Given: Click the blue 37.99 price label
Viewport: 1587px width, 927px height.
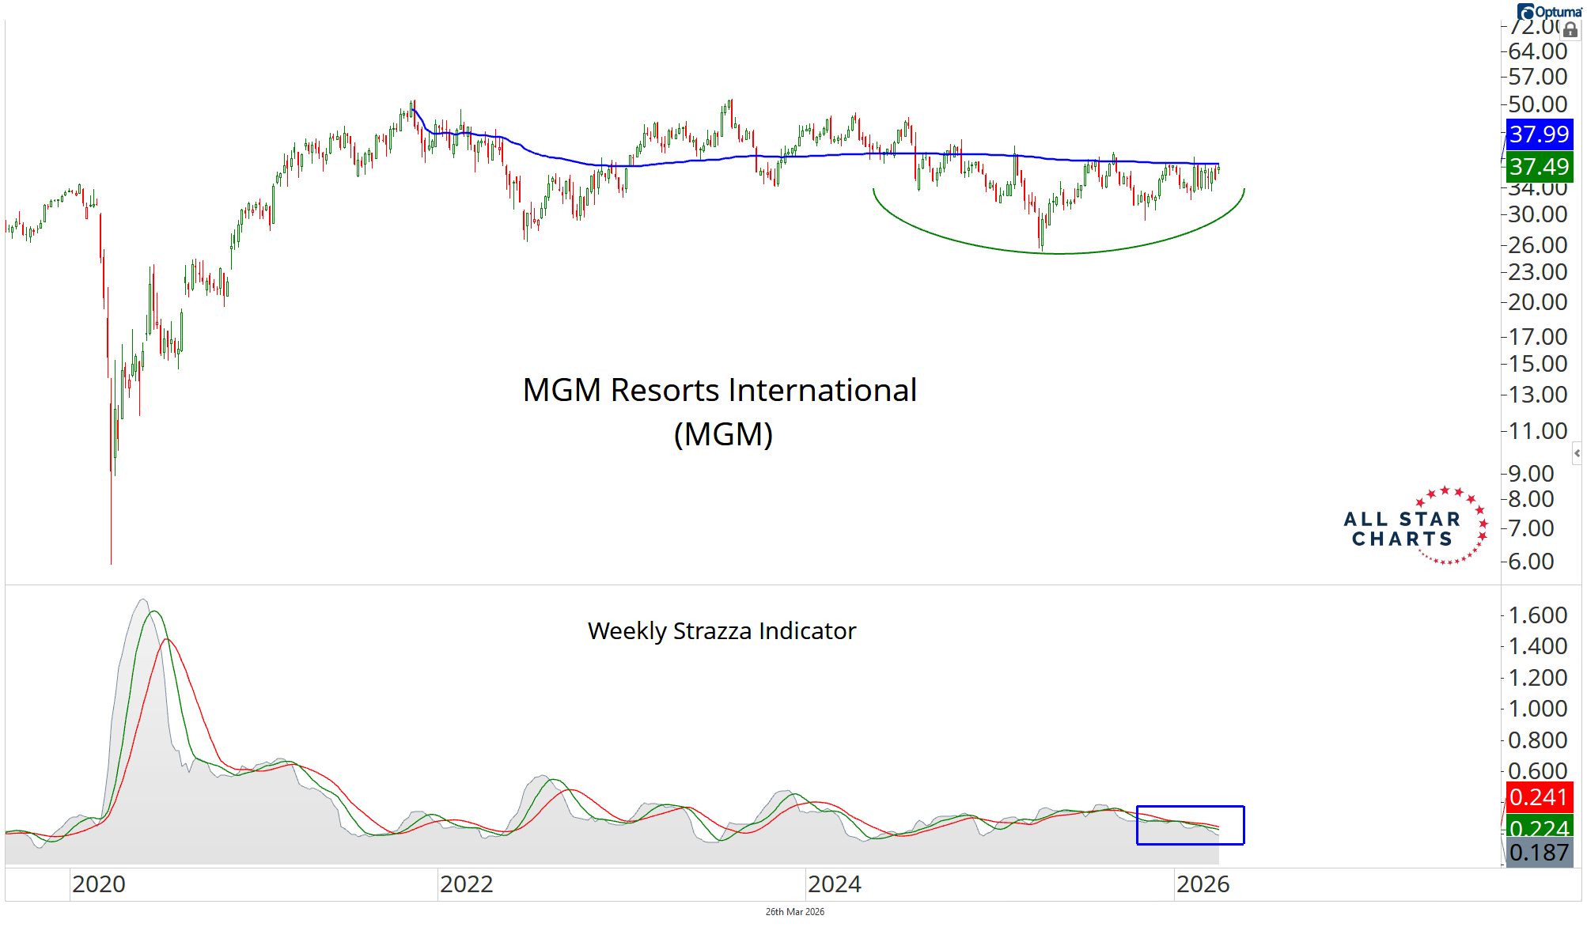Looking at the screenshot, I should click(1538, 134).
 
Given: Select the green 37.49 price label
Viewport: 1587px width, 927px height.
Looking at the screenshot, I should click(1538, 167).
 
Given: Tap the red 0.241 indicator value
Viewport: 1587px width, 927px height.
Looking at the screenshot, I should click(1538, 796).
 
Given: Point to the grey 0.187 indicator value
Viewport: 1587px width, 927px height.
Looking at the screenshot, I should click(1538, 853).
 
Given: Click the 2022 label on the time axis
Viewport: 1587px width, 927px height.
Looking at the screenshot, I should click(466, 884).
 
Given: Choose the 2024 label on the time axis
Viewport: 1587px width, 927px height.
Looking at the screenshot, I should click(834, 884).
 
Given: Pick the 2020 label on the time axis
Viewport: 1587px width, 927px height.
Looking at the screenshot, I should click(98, 884).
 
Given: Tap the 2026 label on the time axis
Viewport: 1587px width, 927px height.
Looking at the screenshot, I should click(1203, 884).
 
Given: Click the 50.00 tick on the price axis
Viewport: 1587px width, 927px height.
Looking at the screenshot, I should click(1537, 104).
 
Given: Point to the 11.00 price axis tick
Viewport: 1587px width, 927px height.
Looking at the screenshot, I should click(1537, 431).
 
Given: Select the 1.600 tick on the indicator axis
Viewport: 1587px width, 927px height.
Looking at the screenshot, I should click(1537, 615).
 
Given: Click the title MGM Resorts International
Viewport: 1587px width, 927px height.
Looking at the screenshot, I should click(719, 390).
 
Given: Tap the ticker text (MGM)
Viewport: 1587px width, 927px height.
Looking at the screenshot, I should click(723, 434).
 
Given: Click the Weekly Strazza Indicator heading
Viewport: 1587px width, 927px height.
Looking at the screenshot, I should click(722, 631).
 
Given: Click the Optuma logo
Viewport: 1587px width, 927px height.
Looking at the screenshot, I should click(1549, 12).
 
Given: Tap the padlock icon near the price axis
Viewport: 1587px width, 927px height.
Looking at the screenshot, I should click(1570, 30).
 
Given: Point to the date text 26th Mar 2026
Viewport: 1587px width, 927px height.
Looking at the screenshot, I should click(794, 912).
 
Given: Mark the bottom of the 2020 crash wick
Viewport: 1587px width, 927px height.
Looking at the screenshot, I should click(111, 562).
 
